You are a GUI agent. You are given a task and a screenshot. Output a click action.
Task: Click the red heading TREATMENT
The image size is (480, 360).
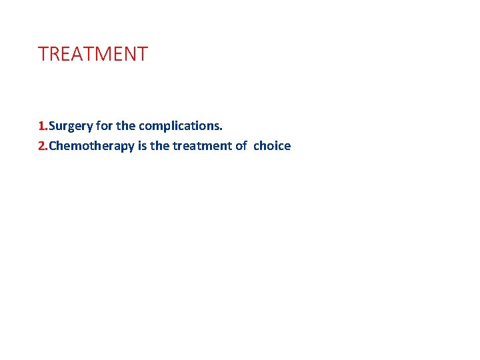point(93,54)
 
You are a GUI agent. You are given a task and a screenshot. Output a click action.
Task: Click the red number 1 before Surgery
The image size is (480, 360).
point(41,125)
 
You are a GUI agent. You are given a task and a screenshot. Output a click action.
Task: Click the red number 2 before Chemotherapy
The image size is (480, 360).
point(41,146)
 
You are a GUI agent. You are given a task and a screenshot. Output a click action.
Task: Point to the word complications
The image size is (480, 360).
point(179,126)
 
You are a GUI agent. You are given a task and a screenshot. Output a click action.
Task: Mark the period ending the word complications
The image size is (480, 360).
point(221,129)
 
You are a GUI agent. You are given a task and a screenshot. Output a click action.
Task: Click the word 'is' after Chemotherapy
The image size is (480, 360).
point(142,146)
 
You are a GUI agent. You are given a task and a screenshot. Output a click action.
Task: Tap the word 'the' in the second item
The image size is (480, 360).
point(159,146)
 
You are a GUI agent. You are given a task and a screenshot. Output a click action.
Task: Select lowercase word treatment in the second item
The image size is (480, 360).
point(203,146)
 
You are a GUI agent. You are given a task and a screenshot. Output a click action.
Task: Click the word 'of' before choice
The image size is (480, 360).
point(241,146)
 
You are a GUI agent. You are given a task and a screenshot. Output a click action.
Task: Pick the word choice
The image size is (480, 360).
point(272,146)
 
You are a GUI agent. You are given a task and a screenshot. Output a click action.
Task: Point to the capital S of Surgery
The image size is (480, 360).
point(53,125)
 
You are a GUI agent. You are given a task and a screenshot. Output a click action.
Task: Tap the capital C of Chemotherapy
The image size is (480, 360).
point(53,146)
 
